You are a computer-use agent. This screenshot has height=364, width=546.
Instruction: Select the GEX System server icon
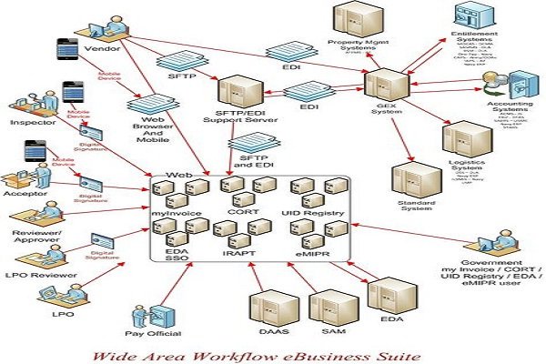click(x=382, y=86)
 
